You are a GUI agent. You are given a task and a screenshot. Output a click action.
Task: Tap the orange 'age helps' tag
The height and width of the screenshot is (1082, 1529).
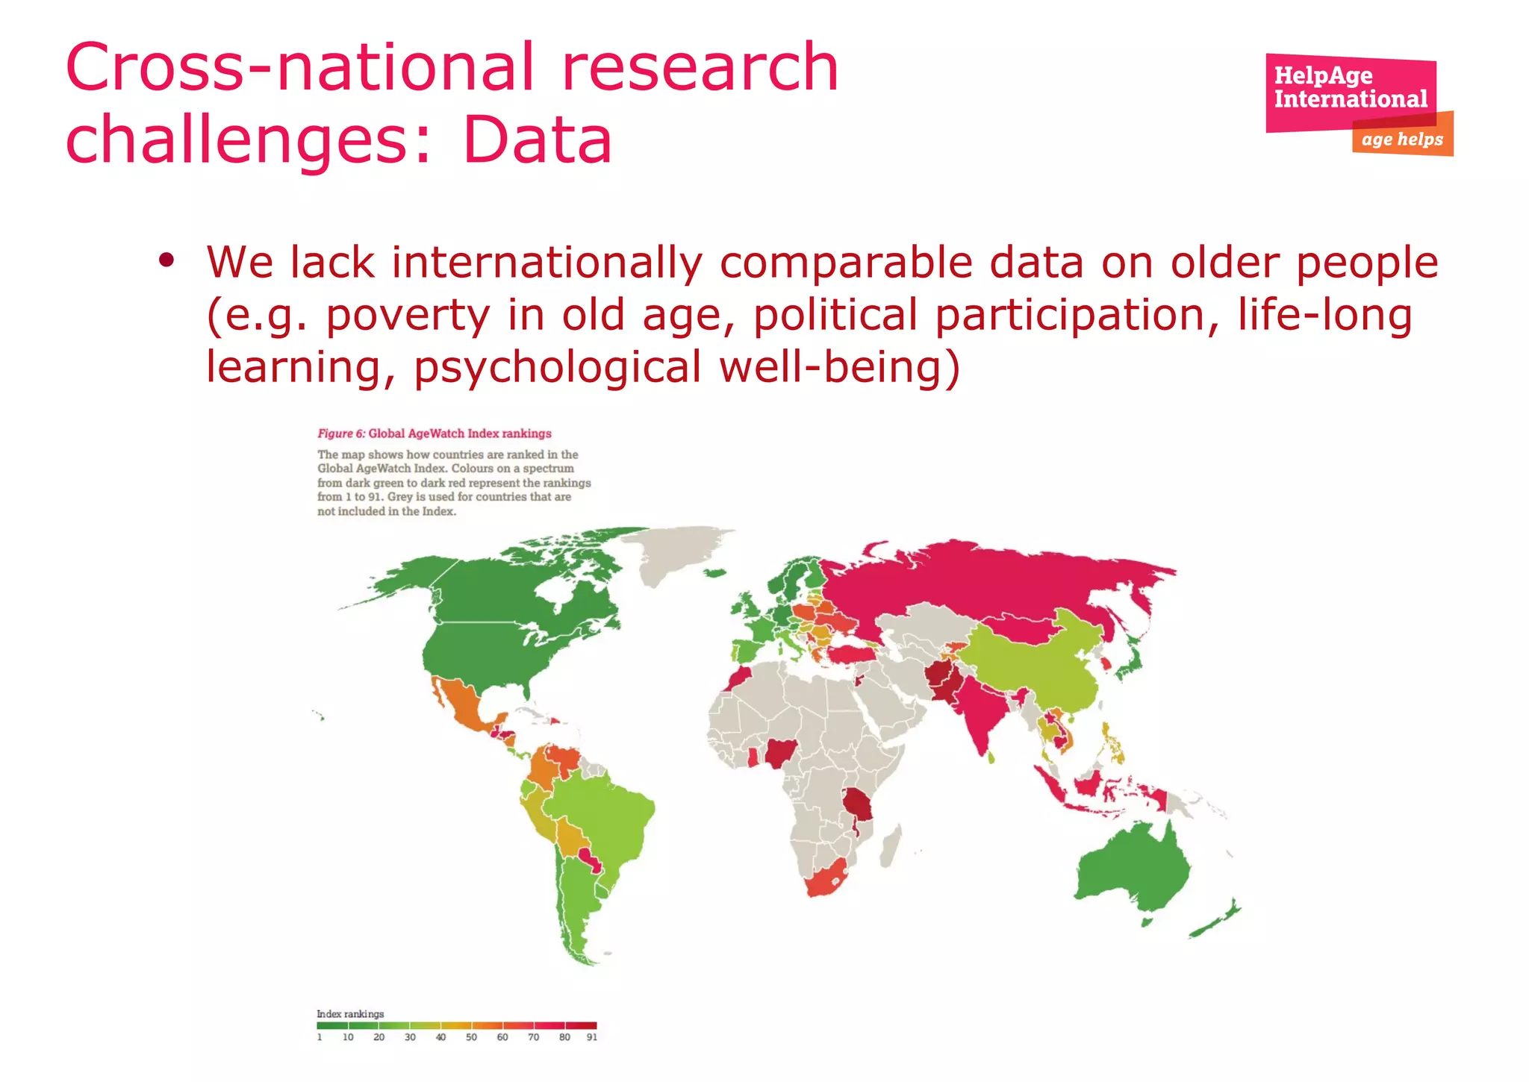(1402, 140)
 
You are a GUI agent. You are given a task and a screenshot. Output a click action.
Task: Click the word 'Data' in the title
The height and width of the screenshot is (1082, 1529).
(538, 140)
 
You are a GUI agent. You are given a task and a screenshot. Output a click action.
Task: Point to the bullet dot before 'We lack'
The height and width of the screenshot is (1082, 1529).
(166, 260)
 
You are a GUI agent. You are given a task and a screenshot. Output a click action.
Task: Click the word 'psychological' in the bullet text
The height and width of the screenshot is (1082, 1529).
(557, 367)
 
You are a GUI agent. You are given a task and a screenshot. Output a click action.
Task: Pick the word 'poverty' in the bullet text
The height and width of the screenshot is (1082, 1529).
(408, 315)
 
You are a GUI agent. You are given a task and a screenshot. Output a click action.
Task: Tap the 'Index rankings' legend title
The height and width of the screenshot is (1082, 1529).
(350, 1013)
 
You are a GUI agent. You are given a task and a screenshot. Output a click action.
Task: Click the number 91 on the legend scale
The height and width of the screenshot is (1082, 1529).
(591, 1037)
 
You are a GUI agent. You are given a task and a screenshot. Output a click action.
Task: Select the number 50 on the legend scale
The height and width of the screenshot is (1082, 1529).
(471, 1037)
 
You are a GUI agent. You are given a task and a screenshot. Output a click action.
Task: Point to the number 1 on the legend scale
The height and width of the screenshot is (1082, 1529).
(320, 1037)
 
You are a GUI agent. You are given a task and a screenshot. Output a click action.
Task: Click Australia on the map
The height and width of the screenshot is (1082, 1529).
(1131, 869)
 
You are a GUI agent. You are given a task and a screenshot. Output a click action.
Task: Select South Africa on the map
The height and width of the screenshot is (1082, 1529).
(825, 879)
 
